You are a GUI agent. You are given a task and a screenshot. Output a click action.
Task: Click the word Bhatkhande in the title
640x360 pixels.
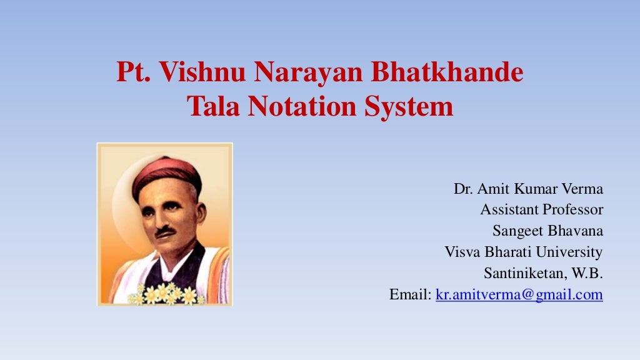[447, 73]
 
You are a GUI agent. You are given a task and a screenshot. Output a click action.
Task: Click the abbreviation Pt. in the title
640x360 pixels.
[134, 73]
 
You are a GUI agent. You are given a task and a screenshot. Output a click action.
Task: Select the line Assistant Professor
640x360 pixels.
[541, 209]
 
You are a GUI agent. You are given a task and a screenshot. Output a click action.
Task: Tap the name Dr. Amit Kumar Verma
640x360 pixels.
[528, 189]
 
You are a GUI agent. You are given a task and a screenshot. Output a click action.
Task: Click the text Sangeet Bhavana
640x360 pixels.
[547, 231]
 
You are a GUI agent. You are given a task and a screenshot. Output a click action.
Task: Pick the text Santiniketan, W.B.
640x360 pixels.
[543, 273]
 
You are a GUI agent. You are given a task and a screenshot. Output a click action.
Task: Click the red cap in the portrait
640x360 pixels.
[166, 170]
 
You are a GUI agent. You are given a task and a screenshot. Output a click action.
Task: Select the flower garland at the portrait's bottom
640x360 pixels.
[166, 294]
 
